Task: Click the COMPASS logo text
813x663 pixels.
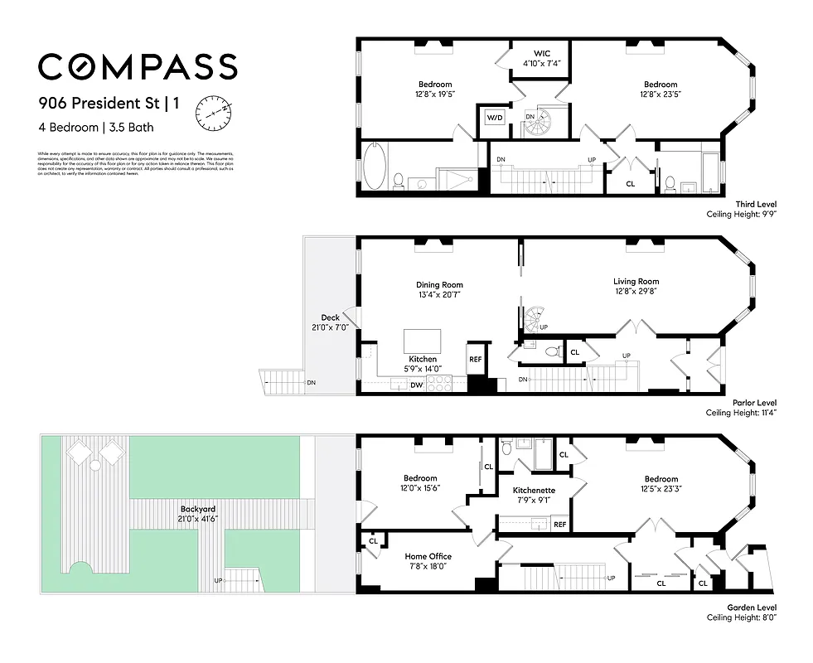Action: tap(138, 66)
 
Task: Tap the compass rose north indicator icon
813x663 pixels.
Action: tap(212, 114)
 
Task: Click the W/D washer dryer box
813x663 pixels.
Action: tap(494, 118)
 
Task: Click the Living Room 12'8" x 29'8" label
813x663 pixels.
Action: tap(636, 286)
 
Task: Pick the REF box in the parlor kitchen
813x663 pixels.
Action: tap(476, 360)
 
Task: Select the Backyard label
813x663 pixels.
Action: tap(197, 513)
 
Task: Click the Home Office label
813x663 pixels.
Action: tap(427, 561)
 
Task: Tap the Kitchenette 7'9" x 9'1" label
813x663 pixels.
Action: tap(534, 495)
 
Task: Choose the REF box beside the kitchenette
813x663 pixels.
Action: tap(559, 524)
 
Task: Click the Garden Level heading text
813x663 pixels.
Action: tap(749, 607)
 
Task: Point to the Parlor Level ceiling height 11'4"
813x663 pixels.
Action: tap(741, 412)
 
